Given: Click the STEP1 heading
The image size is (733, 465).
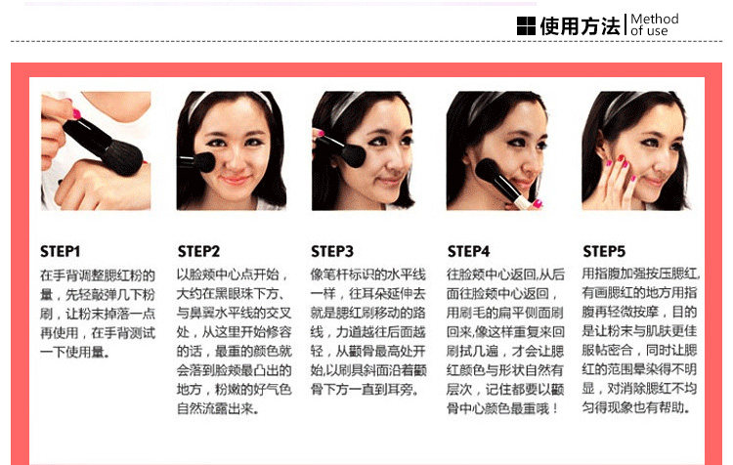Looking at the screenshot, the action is point(60,251).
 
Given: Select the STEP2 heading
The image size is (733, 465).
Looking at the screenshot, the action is point(198,251).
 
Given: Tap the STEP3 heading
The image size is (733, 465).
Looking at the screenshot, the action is point(332,251).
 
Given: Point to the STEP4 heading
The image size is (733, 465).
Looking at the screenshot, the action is point(468,251).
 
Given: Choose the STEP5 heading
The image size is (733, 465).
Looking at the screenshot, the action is point(604,251).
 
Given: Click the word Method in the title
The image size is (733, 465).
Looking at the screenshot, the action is point(655,20).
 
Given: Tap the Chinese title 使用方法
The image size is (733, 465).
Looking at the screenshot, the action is point(580,25).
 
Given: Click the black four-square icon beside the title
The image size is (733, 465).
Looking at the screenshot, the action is point(526,25).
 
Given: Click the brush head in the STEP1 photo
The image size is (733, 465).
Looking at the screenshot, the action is point(122,156).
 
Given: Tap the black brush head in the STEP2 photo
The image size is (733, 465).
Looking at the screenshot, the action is point(205,162).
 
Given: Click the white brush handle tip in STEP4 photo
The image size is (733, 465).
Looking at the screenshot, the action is point(522,202).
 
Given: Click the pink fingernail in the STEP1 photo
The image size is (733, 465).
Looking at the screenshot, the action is point(76,113).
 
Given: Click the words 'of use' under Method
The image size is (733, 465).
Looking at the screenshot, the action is point(649,31).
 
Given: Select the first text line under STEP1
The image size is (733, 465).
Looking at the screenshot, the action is point(97,275).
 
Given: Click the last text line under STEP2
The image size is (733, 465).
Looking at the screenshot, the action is point(218,409).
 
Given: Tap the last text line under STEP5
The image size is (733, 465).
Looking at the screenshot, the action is point(636,407).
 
